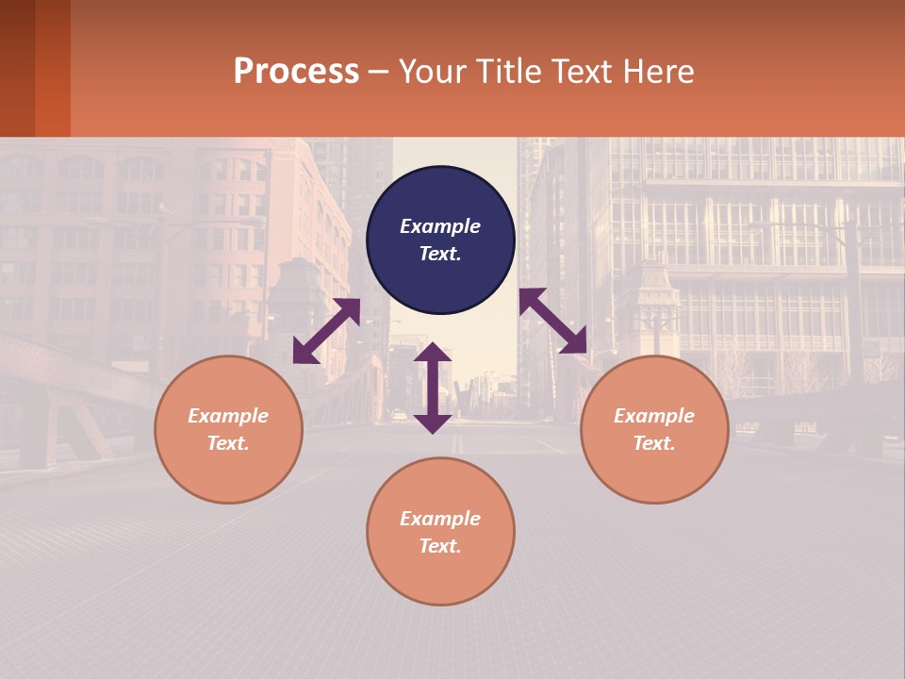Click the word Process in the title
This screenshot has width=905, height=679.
[296, 72]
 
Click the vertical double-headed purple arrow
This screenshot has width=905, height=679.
[433, 388]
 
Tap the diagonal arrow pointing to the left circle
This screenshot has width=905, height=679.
[326, 331]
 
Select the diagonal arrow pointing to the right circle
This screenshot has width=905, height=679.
[553, 321]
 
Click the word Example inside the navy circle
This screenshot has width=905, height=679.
[440, 226]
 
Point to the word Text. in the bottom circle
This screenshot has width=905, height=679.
[440, 546]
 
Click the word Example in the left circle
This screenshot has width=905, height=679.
[228, 416]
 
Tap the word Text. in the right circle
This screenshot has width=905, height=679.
[654, 443]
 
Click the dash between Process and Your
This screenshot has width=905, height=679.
[378, 73]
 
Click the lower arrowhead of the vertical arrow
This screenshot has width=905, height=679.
[433, 423]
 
